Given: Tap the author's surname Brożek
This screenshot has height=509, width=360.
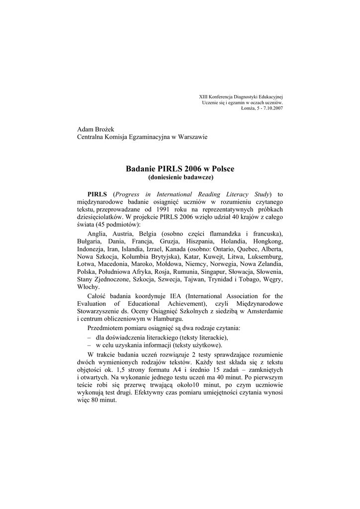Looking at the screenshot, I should (x=103, y=129).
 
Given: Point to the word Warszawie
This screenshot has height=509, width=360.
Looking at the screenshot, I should (x=191, y=137).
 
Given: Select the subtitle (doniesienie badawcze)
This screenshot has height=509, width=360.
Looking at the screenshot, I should (x=180, y=177).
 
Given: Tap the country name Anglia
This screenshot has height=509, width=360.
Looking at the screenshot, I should (x=97, y=234).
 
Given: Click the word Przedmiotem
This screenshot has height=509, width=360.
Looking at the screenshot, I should (x=107, y=329).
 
